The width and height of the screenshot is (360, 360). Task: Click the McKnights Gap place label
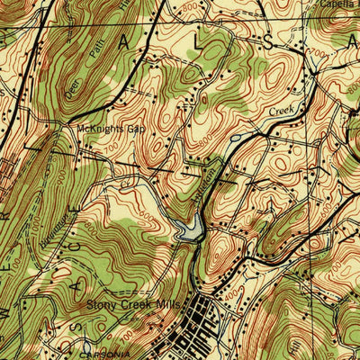[111, 129]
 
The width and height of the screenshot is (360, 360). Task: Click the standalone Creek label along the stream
[282, 112]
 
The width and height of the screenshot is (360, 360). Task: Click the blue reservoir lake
[192, 229]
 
